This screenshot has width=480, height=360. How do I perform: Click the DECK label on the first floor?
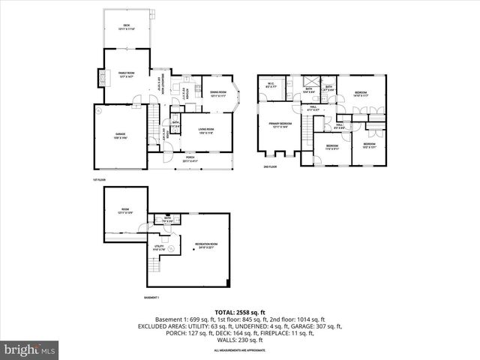127,27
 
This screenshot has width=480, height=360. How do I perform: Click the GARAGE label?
120,136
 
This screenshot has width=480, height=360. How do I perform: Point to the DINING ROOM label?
218,94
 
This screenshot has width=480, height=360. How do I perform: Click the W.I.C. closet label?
271,85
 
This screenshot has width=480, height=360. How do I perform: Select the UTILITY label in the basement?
159,246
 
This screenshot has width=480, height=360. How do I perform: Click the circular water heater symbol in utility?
171,248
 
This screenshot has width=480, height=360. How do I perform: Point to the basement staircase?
155,264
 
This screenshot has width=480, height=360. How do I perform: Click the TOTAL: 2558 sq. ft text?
239,312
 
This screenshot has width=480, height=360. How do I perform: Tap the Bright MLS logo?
30,349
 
